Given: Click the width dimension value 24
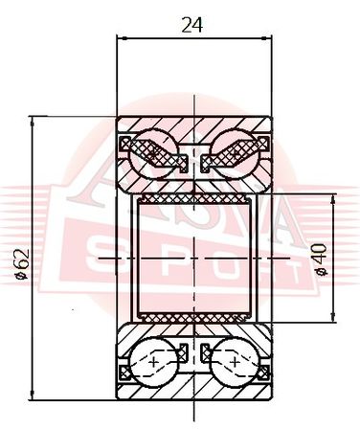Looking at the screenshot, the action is point(192,25).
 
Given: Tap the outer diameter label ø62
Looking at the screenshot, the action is point(23,264).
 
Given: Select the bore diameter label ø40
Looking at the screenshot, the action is point(320,260).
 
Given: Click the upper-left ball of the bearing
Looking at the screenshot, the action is point(154,152).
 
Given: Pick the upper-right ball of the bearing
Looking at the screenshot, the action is point(236,152).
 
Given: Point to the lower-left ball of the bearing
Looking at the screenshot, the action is point(154,363).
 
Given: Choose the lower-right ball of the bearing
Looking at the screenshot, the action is point(236,363).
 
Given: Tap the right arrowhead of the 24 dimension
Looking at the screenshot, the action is point(267,38).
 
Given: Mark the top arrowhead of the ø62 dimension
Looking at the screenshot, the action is point(32,122).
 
